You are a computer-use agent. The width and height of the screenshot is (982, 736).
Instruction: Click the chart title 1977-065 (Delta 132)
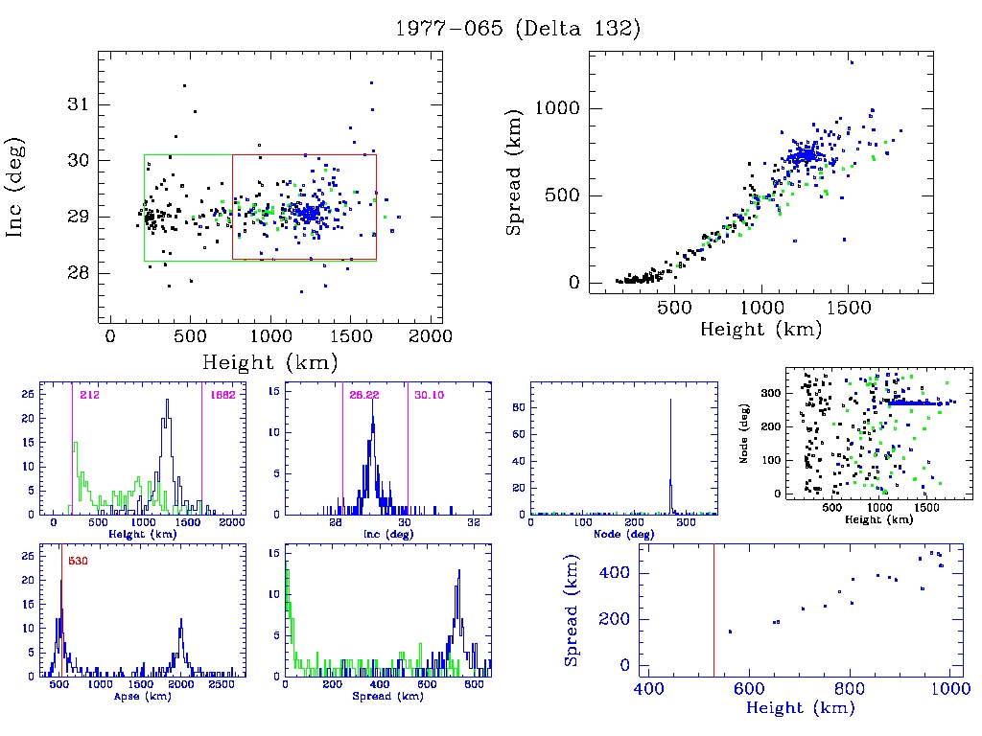click(x=518, y=29)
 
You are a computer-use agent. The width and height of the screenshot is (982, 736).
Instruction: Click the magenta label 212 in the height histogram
click(x=90, y=395)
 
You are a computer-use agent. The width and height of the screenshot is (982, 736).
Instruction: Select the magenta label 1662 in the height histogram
click(x=219, y=395)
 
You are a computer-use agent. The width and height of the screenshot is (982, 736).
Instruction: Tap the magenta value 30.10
click(x=428, y=395)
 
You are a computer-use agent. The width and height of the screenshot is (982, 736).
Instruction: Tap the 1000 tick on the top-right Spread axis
click(x=554, y=108)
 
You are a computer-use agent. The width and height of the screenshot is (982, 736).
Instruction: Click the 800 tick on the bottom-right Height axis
click(x=851, y=688)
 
